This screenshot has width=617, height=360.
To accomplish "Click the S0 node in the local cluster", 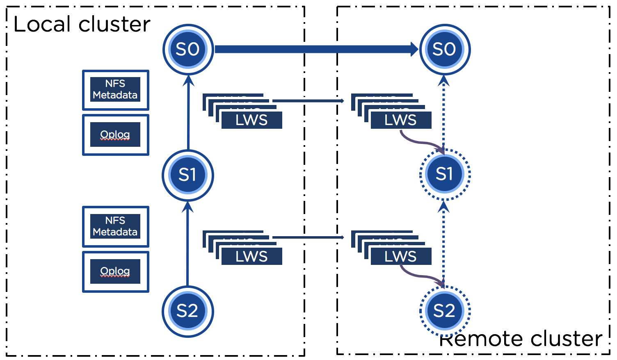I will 188,50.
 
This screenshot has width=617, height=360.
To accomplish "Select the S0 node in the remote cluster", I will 445,50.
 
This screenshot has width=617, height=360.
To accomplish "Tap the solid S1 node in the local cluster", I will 188,175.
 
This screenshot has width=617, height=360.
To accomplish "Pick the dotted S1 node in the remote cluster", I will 445,175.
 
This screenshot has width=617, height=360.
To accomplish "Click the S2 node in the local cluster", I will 188,311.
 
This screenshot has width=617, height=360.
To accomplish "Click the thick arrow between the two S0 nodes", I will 316,50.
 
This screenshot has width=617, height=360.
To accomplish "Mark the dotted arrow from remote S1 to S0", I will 443,115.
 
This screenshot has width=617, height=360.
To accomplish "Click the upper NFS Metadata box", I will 115,90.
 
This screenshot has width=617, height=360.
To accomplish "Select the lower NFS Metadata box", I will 115,226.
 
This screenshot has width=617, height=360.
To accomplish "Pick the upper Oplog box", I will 115,134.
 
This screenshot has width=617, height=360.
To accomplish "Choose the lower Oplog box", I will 115,271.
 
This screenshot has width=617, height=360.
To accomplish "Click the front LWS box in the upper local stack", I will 251,120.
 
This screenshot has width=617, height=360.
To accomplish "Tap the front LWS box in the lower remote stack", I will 401,257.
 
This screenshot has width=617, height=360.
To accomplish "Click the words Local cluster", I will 82,24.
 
